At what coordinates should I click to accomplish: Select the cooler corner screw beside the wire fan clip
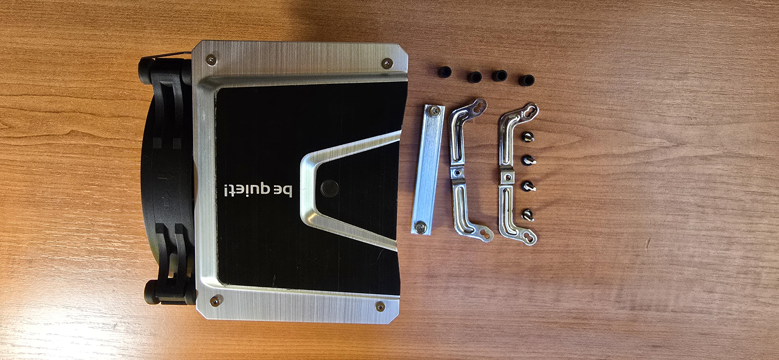211,59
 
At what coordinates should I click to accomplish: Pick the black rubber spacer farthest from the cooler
527,80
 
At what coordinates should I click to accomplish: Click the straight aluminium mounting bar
428,169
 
